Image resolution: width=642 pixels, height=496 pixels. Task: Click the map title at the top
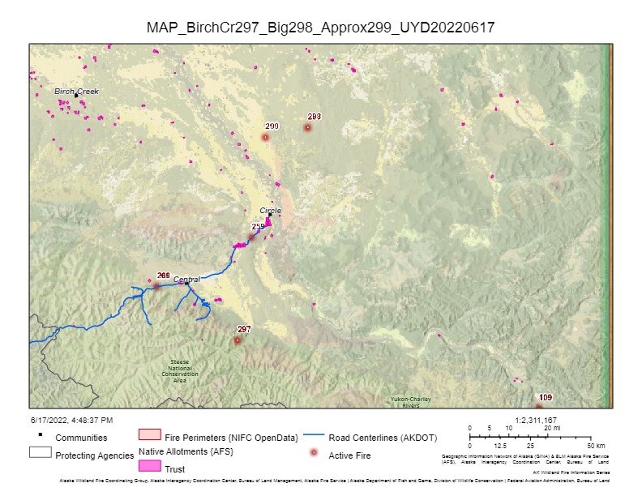[320, 28]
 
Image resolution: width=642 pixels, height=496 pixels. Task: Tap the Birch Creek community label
[76, 92]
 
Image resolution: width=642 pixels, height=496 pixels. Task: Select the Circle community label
[271, 210]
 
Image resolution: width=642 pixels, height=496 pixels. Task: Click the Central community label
[186, 279]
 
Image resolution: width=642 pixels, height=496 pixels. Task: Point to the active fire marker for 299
[265, 138]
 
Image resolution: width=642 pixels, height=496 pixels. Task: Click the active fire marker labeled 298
[308, 127]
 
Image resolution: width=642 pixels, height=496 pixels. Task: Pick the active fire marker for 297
[238, 340]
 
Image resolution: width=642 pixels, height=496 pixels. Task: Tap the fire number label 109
[546, 397]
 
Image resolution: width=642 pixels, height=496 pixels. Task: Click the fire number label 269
[163, 276]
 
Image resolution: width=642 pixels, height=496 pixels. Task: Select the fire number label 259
[258, 226]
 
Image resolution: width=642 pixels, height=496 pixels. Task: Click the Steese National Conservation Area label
[179, 370]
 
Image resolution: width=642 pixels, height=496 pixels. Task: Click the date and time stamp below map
[71, 420]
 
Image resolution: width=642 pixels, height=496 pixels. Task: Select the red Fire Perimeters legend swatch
[150, 437]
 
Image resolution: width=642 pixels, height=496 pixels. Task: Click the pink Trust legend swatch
[150, 467]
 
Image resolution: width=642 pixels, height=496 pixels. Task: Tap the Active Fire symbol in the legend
[315, 455]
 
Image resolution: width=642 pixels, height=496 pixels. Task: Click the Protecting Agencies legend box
[41, 453]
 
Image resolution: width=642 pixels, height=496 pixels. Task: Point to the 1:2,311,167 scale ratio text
[535, 421]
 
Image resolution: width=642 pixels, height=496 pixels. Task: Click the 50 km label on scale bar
[596, 446]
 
